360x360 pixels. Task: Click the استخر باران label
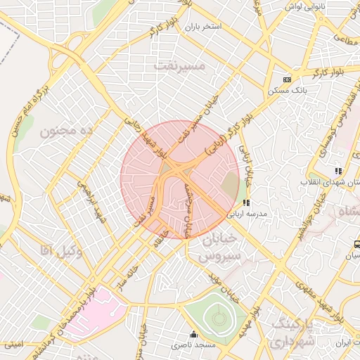pos(203,27)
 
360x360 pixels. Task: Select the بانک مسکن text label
pos(286,91)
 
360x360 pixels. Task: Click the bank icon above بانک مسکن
pos(286,80)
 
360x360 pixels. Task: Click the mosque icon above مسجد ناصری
pos(194,335)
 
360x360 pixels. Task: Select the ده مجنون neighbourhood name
pos(67,131)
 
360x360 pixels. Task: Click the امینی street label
pos(13,345)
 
